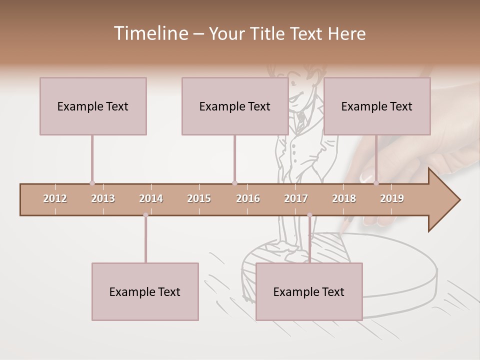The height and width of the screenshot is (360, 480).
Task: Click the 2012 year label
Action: (x=55, y=198)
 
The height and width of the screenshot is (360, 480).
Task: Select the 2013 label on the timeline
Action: (x=103, y=198)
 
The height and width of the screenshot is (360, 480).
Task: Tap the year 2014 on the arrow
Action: (x=151, y=198)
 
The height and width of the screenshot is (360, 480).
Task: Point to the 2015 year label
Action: (x=199, y=198)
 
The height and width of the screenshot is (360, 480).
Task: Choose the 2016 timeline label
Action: (x=248, y=198)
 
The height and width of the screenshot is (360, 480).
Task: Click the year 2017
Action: (x=296, y=198)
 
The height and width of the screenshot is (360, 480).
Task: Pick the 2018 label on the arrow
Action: (x=344, y=198)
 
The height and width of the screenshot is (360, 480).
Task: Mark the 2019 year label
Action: (x=392, y=198)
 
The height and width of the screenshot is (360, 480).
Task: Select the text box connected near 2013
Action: (x=93, y=106)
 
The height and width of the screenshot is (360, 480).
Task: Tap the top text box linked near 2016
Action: (x=235, y=106)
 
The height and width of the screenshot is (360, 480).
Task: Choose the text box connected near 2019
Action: (x=377, y=106)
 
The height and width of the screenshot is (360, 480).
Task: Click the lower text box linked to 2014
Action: (x=145, y=291)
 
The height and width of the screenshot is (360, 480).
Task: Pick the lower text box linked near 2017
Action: (x=309, y=291)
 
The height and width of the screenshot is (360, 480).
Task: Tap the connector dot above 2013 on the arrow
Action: (x=92, y=183)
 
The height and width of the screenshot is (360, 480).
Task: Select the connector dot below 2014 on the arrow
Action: (x=145, y=215)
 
